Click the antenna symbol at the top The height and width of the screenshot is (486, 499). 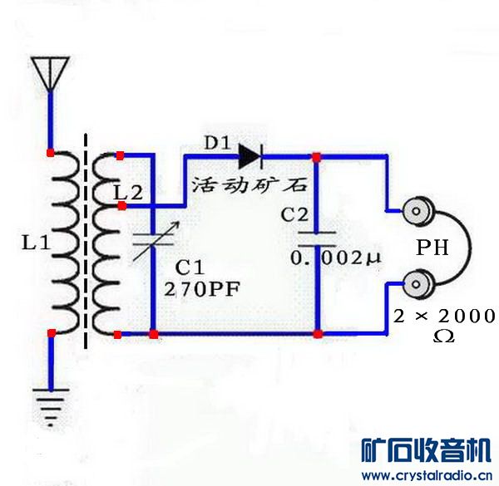[50, 71]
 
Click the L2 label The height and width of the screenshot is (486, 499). [128, 193]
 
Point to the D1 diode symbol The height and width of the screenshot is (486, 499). [250, 155]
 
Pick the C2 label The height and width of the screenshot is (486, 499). [294, 214]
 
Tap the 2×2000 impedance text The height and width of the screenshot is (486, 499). [444, 316]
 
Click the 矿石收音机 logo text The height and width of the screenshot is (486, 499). [427, 451]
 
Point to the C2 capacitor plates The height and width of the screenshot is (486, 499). [317, 238]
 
